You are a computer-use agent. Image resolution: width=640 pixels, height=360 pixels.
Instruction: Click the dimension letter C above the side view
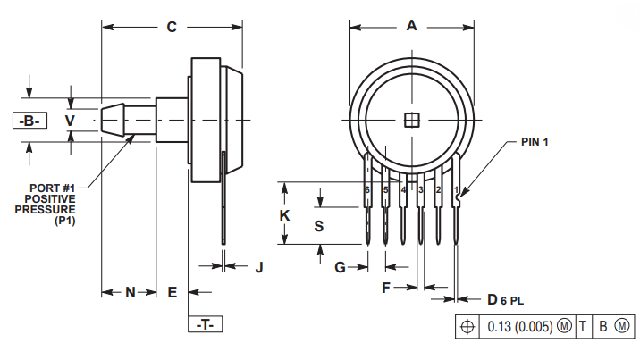click(172, 27)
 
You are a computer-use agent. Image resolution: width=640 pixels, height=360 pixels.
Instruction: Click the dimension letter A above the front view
click(411, 26)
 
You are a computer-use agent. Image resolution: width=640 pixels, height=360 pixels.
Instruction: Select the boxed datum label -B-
click(29, 121)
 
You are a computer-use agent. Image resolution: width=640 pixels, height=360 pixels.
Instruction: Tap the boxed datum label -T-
click(205, 324)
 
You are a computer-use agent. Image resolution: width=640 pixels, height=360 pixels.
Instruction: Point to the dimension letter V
click(71, 121)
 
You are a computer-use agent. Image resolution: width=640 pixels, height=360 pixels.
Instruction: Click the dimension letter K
click(284, 215)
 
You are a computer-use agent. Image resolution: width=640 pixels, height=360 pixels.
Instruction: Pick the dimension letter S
click(319, 226)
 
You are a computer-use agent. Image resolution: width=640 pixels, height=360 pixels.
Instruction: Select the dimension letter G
click(340, 267)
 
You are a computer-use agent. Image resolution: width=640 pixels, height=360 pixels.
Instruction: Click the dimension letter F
click(386, 288)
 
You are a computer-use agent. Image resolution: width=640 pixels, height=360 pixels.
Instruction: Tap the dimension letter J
click(259, 268)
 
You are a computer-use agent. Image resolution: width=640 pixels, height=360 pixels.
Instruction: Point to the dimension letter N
click(131, 292)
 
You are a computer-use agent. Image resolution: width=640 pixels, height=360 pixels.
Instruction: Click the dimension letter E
click(173, 292)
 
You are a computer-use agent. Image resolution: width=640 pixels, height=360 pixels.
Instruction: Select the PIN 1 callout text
click(535, 142)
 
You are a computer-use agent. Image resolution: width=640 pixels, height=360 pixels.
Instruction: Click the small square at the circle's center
click(412, 120)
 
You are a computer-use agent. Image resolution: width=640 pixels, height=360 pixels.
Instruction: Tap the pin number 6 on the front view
click(367, 190)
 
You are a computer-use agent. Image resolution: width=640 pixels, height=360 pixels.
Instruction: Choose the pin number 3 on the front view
click(421, 190)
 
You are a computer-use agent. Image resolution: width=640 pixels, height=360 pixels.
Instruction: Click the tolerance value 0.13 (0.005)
click(520, 327)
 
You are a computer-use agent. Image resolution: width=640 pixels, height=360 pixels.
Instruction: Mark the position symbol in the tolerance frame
click(467, 327)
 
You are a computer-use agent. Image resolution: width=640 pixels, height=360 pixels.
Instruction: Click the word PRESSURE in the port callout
click(46, 210)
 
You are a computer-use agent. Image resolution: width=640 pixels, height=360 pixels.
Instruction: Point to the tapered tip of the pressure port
click(113, 120)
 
